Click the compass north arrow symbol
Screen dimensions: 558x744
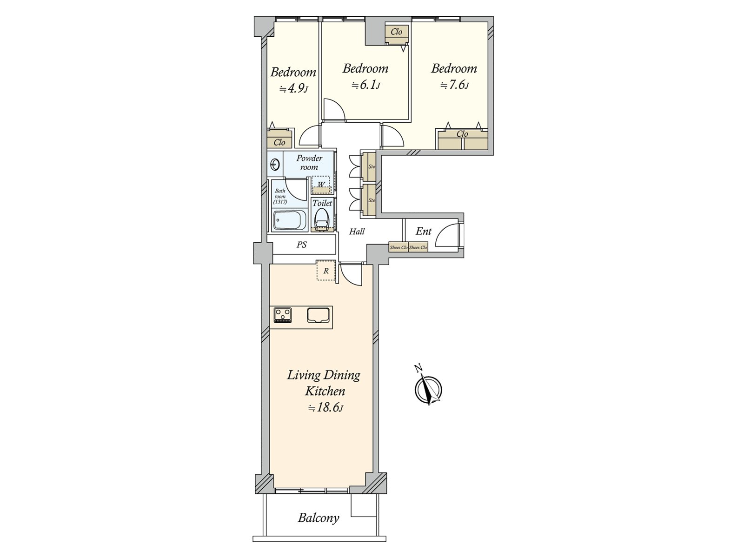point(428,390)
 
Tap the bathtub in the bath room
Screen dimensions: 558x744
point(289,220)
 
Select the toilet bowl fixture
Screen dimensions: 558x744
point(321,219)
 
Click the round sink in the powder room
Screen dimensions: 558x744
point(275,165)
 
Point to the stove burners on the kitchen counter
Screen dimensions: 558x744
point(283,315)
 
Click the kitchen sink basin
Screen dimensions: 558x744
point(319,315)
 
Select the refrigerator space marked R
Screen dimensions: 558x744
point(326,271)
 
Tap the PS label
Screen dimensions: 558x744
point(301,245)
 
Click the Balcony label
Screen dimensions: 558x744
point(319,518)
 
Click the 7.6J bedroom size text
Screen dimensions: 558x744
point(454,85)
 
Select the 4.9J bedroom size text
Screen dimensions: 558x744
point(293,88)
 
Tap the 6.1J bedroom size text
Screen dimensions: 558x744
point(365,85)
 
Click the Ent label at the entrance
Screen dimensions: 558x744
point(423,231)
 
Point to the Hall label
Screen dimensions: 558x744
point(357,232)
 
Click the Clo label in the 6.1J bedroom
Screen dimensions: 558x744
point(396,32)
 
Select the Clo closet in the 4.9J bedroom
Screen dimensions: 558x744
point(279,142)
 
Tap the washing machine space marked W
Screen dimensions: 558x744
point(321,185)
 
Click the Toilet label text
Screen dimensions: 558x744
point(322,203)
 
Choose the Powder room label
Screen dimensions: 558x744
point(309,163)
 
